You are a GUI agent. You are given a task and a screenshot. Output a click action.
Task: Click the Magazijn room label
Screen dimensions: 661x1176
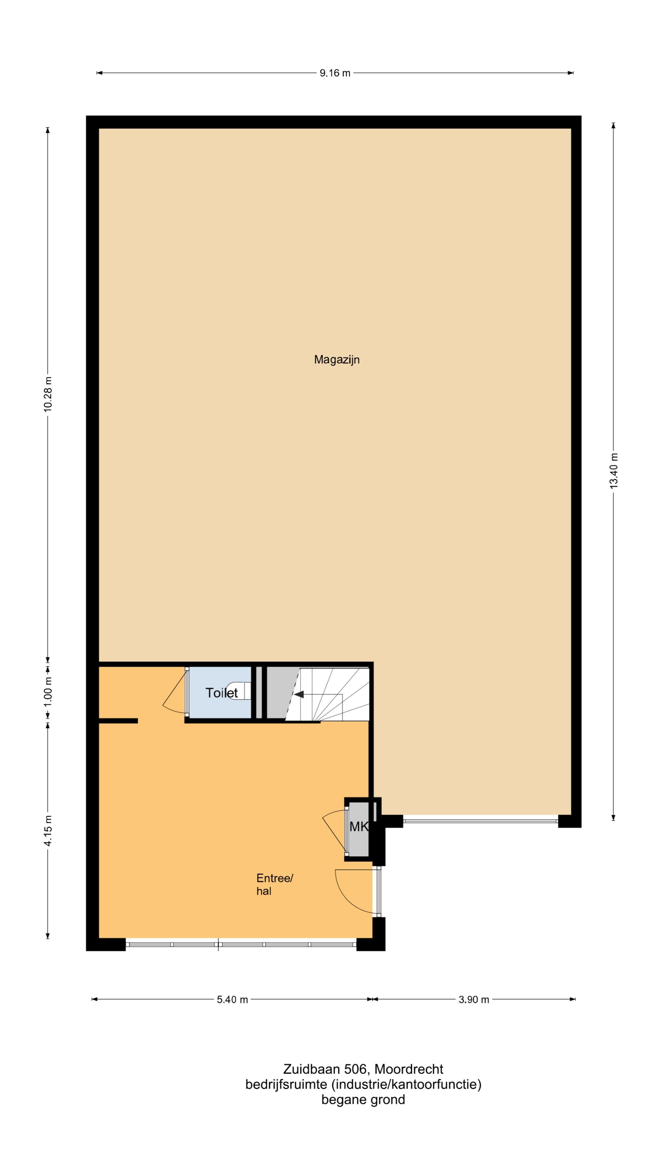pos(337,360)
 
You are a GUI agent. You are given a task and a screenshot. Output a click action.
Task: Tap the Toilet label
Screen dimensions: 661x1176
pos(222,693)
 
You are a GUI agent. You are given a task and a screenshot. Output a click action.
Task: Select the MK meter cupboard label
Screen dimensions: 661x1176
pos(359,826)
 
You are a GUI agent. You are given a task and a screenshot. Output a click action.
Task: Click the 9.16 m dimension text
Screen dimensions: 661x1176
pos(335,73)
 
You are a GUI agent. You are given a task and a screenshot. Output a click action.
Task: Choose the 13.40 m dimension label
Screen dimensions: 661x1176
pos(614,471)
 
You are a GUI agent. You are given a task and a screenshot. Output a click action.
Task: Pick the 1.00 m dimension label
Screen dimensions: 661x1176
pos(48,691)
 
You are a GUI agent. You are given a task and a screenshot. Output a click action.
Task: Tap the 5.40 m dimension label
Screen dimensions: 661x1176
pos(232,1000)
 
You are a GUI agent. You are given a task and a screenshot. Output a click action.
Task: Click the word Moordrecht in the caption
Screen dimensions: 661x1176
pos(409,1069)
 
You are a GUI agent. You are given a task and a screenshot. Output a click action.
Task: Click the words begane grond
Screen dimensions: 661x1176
pos(363,1100)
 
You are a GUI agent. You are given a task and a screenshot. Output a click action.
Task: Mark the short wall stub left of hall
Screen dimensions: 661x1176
pos(118,721)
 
